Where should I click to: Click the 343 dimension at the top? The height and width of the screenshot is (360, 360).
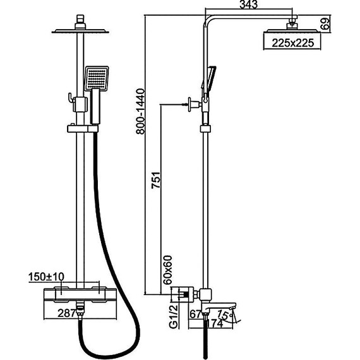pos(249,4)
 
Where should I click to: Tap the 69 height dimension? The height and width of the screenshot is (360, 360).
pos(325,23)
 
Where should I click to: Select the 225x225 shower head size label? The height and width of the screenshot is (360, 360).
pos(292,43)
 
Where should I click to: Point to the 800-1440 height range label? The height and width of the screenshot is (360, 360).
pos(140,111)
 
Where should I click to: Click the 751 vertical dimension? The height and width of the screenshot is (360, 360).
pos(155,180)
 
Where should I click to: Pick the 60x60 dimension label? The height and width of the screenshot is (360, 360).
pos(167,270)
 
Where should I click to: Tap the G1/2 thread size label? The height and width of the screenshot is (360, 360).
pos(174,316)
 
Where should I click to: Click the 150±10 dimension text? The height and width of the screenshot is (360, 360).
pos(46,277)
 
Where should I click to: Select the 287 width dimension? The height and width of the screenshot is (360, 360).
pos(66,313)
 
